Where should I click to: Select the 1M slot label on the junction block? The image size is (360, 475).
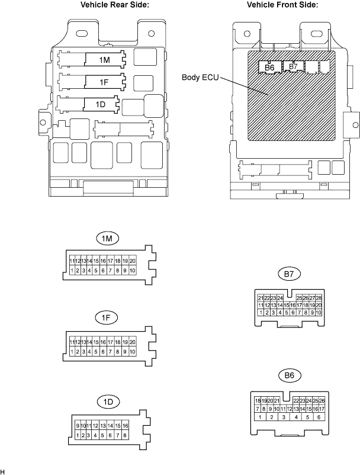click(104, 60)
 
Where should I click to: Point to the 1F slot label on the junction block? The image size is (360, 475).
click(104, 82)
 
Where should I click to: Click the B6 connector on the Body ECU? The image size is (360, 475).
click(270, 68)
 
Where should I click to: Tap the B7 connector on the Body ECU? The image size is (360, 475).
click(292, 67)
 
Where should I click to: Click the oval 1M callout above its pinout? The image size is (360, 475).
click(107, 238)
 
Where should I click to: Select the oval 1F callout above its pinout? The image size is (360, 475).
click(107, 317)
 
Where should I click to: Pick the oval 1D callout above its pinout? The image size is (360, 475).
click(107, 402)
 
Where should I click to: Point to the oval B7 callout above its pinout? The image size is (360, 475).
click(290, 274)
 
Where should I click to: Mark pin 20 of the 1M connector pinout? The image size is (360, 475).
click(133, 261)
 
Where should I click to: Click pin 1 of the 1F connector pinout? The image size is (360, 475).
click(72, 351)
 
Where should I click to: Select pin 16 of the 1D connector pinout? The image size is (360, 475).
click(125, 426)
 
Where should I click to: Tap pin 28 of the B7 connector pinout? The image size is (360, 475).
click(319, 297)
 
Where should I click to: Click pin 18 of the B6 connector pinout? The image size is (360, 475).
click(258, 401)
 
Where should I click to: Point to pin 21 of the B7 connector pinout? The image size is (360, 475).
click(261, 297)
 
